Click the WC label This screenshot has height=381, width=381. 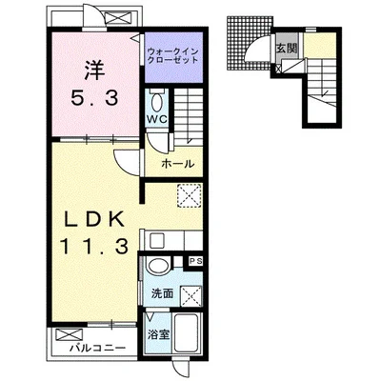pos(156,119)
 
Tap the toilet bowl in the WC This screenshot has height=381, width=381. pos(156,102)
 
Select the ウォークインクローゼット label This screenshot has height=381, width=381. pos(173,55)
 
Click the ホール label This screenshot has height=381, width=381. pos(177,164)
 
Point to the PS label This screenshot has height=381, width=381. pos(194,261)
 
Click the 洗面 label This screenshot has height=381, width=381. pos(162,293)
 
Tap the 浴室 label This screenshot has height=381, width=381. pos(158,334)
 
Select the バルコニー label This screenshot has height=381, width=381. pos(98,349)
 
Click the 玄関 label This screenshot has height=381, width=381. pos(287,49)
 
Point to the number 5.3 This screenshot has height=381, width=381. pos(94,98)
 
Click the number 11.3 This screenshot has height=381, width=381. pos(94,247)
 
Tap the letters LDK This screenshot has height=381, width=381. pos(94,219)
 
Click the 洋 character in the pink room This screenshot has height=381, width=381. pos(94,70)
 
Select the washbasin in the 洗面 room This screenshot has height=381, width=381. pos(158,265)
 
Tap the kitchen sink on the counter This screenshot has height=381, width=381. pos(157,241)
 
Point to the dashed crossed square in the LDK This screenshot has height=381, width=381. pos(190,195)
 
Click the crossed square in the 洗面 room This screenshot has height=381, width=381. pos(191,296)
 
